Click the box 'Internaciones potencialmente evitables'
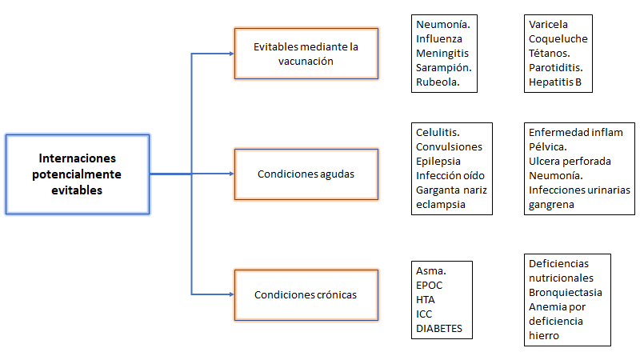point(78,174)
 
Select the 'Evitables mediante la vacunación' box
point(306,54)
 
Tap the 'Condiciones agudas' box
point(306,174)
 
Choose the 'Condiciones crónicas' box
point(306,294)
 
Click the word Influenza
point(438,38)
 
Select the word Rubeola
point(438,82)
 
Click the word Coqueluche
point(557,38)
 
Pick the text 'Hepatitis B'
point(555,82)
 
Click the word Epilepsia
point(438,161)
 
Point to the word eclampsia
point(440,204)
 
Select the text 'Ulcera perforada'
point(570,161)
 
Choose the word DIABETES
point(439,328)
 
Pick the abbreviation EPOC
point(430,285)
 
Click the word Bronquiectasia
point(566,292)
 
